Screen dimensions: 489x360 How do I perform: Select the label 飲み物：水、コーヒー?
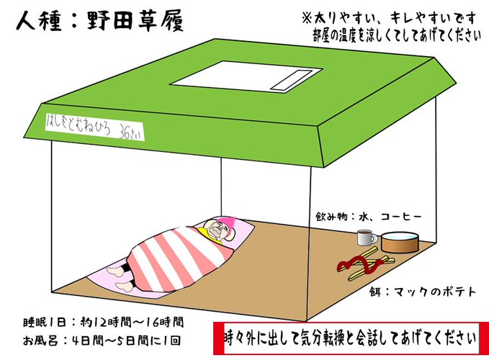coord(368,216)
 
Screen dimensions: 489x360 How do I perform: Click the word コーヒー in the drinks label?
coord(398,216)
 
